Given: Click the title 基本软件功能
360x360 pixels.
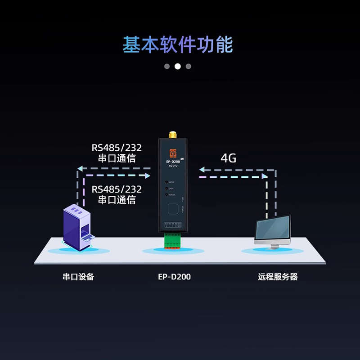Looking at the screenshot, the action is click(178, 45).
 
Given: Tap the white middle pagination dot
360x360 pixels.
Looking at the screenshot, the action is click(178, 66).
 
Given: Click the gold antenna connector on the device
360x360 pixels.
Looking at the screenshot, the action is click(172, 135).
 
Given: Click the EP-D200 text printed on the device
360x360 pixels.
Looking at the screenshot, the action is click(173, 162).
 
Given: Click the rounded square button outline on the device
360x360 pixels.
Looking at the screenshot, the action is click(173, 209).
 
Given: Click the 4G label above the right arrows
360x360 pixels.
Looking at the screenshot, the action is click(229, 158).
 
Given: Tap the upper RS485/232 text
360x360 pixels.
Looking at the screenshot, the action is click(117, 148).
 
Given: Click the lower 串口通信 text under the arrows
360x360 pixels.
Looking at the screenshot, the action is click(117, 200).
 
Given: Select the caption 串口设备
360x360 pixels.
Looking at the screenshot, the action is click(78, 277).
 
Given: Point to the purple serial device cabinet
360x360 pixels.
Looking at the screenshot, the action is click(76, 227).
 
